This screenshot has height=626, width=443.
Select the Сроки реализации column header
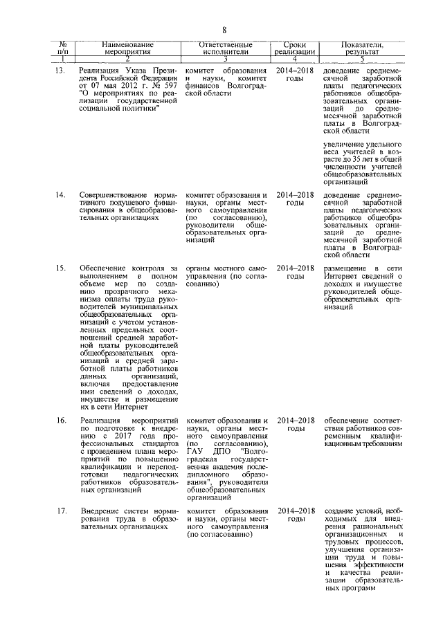293,47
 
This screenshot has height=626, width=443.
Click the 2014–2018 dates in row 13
294,72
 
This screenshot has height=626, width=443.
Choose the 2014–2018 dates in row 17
294,511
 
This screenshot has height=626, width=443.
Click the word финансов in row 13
201,90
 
